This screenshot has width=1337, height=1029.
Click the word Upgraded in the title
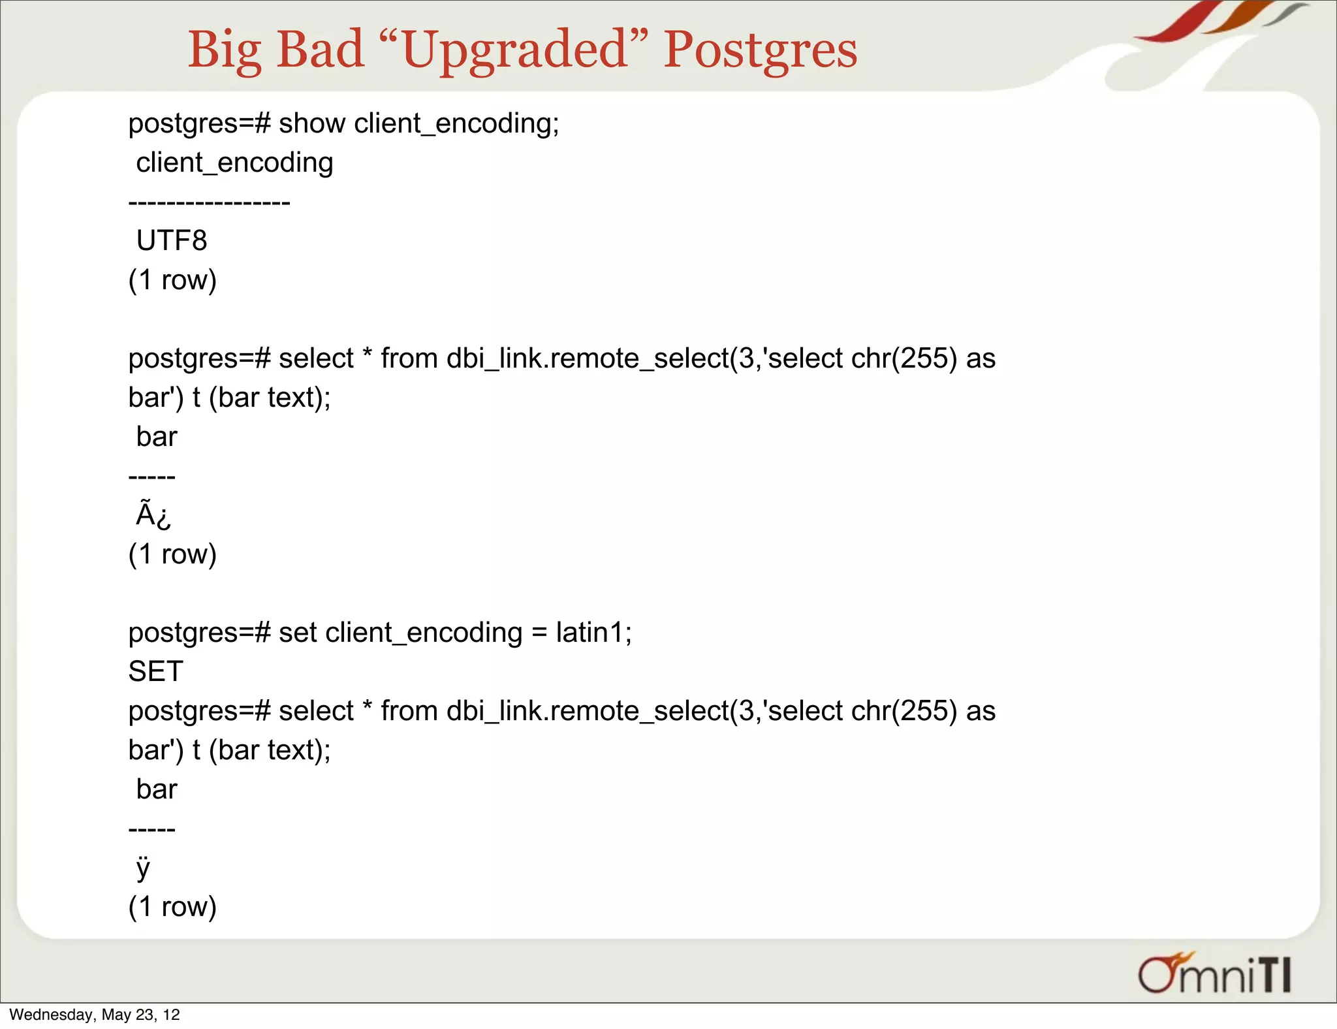(x=516, y=51)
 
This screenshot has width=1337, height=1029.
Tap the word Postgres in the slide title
(x=761, y=51)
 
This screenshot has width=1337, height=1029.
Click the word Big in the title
(x=225, y=51)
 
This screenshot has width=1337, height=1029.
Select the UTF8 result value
(x=172, y=241)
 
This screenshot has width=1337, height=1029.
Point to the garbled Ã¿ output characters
(x=153, y=515)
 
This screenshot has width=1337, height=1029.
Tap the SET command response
(x=156, y=672)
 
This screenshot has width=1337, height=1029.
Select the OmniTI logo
(x=1214, y=974)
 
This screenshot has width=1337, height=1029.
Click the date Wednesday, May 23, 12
(x=95, y=1015)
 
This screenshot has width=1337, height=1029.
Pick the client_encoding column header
(x=234, y=163)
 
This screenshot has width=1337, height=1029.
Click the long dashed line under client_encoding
(x=209, y=202)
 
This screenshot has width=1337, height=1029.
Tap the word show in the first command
(x=312, y=123)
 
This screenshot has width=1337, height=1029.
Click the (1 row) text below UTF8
(x=172, y=280)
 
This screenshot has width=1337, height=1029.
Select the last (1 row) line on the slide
(x=172, y=907)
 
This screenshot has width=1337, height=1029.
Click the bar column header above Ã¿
(x=157, y=437)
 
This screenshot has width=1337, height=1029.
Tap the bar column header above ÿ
(x=157, y=789)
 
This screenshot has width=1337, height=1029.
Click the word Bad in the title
(x=320, y=51)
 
